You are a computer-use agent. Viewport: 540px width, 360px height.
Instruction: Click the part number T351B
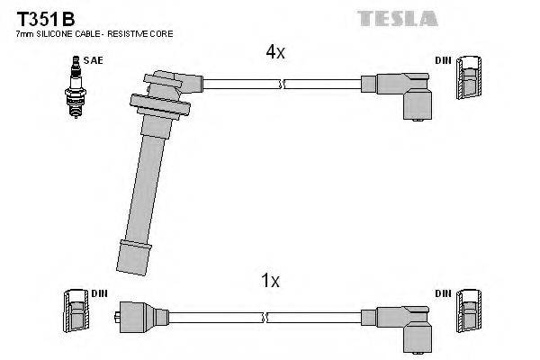click(44, 17)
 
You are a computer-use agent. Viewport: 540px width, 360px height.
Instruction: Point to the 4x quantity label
click(274, 52)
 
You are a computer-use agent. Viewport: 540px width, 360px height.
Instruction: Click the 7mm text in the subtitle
click(24, 33)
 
